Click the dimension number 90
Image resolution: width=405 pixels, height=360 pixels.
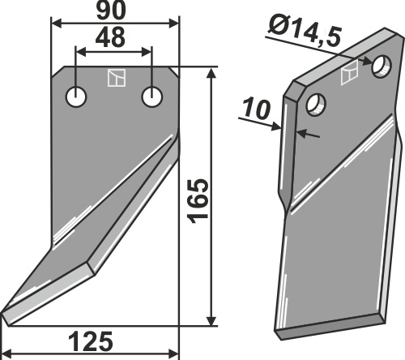(x=111, y=11)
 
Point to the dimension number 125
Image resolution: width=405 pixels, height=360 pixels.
(x=91, y=341)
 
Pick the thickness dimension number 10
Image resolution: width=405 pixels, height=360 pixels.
(x=256, y=109)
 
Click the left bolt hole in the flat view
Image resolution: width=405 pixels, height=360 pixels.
(x=76, y=96)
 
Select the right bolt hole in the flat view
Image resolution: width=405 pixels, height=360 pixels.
(x=152, y=96)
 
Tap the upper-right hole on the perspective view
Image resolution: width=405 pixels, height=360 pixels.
(x=382, y=66)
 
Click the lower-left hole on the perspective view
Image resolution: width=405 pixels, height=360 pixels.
(x=316, y=105)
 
